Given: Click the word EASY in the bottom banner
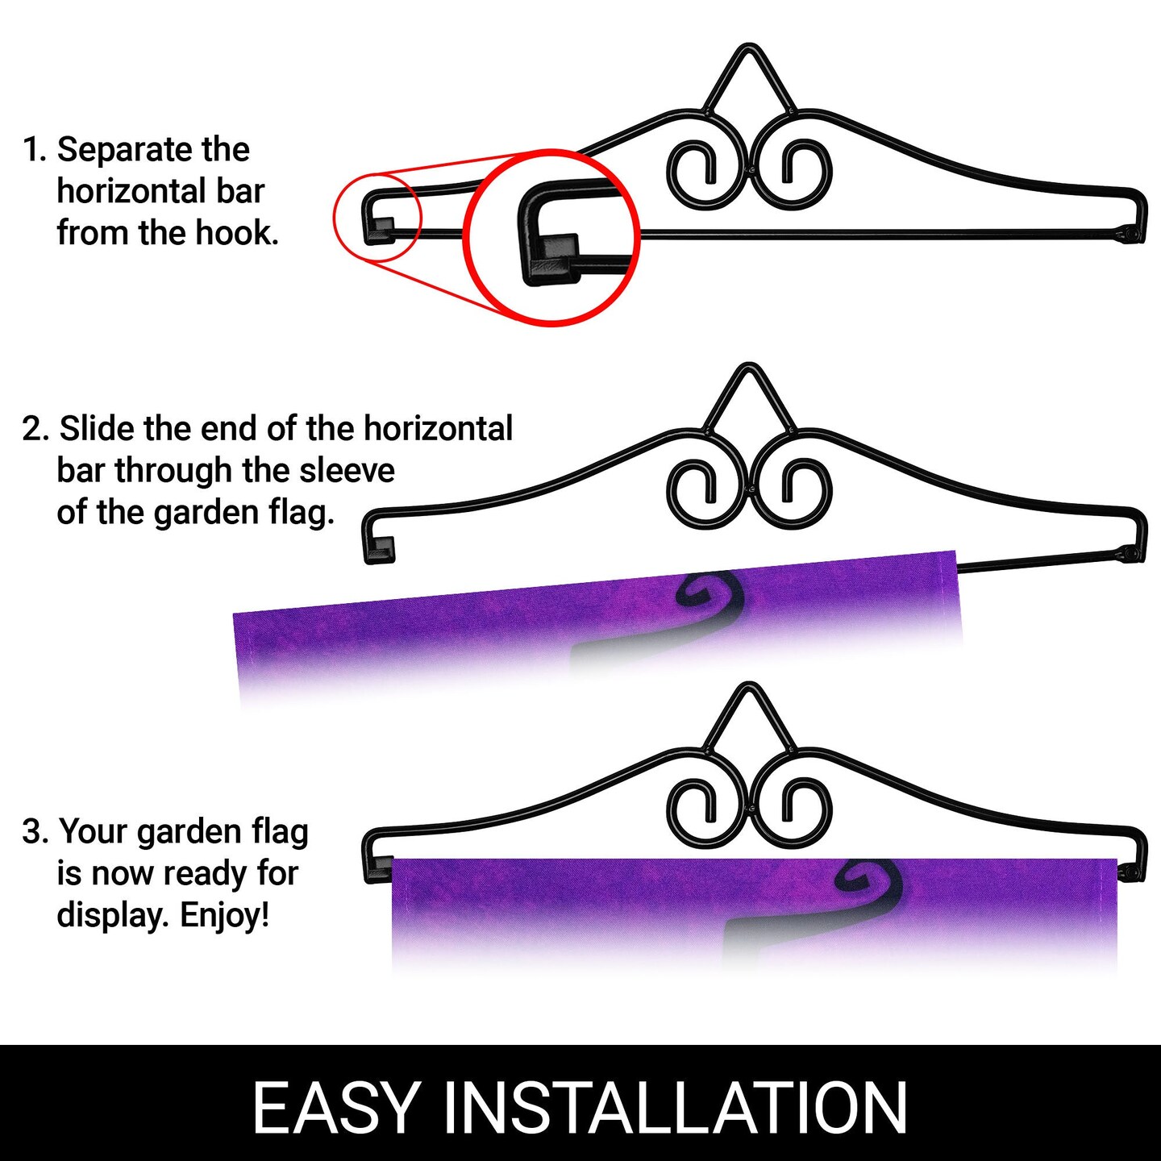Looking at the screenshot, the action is [335, 1108].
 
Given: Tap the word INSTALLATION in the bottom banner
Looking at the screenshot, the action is [676, 1108].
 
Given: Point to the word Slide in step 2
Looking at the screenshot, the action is [97, 428].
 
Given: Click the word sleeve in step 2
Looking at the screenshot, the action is [347, 471].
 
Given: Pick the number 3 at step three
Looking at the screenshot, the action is [32, 832].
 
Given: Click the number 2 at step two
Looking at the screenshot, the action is [32, 429].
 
